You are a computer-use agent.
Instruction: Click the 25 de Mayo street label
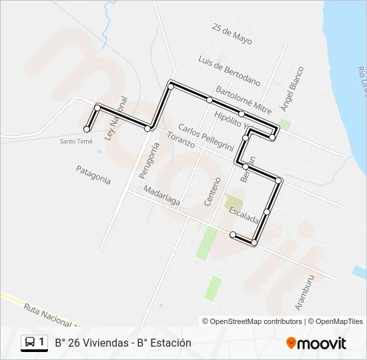click(x=232, y=34)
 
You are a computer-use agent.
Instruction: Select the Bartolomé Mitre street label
click(x=243, y=99)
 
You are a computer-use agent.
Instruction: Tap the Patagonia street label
click(x=93, y=174)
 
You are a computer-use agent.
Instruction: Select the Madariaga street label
click(x=161, y=198)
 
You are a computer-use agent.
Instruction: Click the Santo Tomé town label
click(x=76, y=141)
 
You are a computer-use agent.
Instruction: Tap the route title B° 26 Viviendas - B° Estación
click(x=123, y=343)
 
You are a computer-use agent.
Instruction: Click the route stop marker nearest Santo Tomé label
click(x=87, y=129)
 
